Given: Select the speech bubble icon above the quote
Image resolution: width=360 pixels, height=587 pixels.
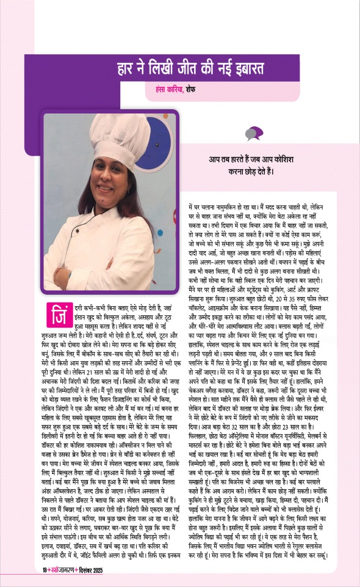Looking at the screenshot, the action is click(253, 134).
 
